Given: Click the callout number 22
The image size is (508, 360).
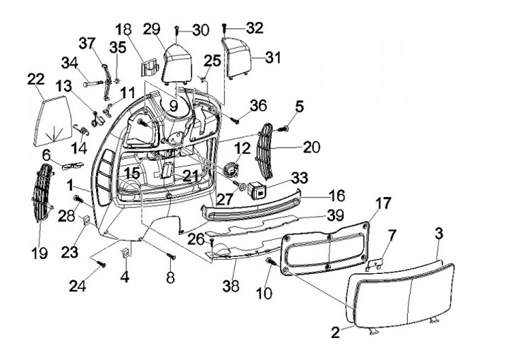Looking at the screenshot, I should [x=36, y=80].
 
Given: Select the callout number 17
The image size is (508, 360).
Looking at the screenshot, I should [x=382, y=204].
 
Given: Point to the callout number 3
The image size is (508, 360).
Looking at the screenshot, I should [x=438, y=234].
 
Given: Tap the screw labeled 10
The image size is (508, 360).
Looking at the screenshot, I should [x=270, y=263].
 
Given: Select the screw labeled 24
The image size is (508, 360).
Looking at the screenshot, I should [x=102, y=265].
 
